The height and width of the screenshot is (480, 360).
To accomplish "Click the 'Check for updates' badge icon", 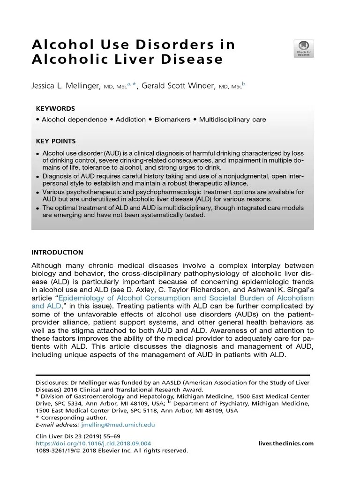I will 304,49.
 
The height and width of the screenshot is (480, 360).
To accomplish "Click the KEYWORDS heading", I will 55,108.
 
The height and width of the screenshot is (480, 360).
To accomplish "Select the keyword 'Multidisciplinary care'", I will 232,120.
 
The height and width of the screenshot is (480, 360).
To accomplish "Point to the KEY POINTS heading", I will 55,141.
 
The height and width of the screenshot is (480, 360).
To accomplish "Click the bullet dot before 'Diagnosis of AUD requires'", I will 37,177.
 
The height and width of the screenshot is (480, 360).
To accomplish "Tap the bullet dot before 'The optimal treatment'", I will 37,208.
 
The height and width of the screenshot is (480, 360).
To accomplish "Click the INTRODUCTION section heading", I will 57,252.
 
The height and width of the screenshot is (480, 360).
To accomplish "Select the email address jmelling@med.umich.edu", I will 118,425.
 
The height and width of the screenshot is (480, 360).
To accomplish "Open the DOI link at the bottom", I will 93,443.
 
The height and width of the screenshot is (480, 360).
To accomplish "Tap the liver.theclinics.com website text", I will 286,443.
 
